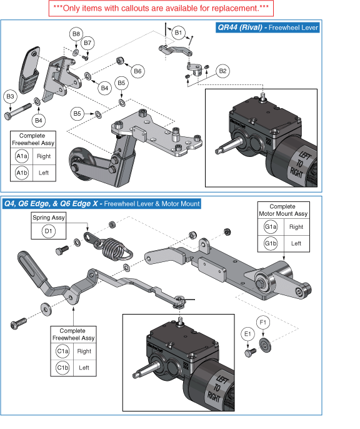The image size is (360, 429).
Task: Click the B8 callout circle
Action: click(76, 33)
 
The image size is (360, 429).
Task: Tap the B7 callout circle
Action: click(87, 43)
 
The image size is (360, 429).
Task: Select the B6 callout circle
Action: click(138, 71)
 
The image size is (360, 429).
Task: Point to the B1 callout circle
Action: click(178, 31)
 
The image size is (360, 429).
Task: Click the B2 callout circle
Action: click(222, 71)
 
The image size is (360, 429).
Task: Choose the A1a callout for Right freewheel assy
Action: click(22, 156)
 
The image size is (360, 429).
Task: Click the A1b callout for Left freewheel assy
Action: click(22, 173)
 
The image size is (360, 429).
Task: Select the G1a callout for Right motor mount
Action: click(270, 228)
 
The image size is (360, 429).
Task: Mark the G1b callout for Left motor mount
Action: click(270, 243)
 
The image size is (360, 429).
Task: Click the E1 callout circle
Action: click(248, 334)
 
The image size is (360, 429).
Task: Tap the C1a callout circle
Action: click(62, 351)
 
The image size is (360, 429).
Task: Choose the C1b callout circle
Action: click(62, 368)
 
